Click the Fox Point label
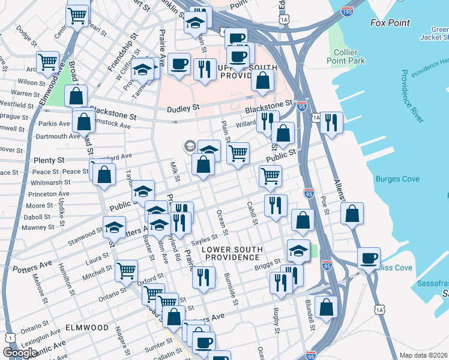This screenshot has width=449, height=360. pyautogui.click(x=390, y=23)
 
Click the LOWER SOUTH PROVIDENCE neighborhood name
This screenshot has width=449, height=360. pyautogui.click(x=231, y=253)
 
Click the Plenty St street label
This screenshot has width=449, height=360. pyautogui.click(x=50, y=161)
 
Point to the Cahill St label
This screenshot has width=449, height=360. pyautogui.click(x=252, y=214)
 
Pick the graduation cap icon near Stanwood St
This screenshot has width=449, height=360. pyautogui.click(x=113, y=227)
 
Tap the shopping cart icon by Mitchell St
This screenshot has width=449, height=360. pyautogui.click(x=126, y=271)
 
